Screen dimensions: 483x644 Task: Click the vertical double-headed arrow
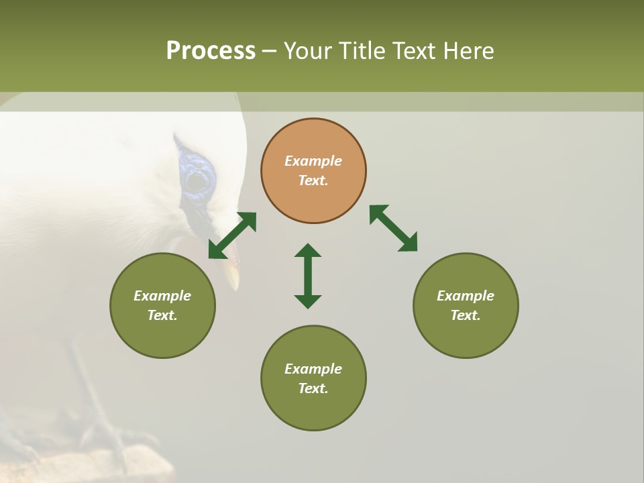[308, 276]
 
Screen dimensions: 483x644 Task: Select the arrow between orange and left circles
[232, 235]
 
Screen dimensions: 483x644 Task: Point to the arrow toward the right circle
[394, 228]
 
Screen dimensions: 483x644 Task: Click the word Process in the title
[211, 51]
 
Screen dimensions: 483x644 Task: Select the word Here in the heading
[468, 51]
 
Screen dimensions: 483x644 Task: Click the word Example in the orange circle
[313, 161]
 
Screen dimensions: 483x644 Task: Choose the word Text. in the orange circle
[313, 180]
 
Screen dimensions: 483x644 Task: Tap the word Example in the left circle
[162, 296]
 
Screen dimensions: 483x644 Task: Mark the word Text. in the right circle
[466, 315]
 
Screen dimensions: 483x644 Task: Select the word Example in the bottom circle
[313, 369]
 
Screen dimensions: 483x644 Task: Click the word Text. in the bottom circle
[313, 388]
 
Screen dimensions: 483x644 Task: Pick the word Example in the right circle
[466, 296]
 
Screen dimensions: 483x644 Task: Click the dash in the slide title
[270, 51]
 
